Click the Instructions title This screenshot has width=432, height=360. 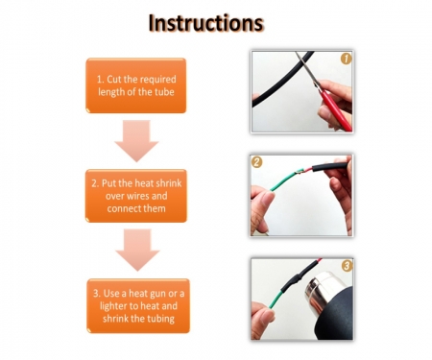point(206,23)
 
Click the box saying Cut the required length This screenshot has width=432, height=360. point(136,85)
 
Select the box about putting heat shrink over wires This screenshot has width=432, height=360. point(136,196)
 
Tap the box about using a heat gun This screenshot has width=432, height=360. point(138,306)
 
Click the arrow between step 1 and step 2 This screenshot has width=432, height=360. point(136,141)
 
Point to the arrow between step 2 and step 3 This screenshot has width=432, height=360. point(137,250)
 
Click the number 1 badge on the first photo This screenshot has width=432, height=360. point(346,59)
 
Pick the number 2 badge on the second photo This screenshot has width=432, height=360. point(256,162)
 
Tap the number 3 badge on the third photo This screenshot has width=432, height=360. point(347,266)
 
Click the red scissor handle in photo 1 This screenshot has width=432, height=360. point(336,110)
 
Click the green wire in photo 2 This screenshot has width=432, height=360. point(286,180)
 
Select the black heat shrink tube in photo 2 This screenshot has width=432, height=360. point(329,167)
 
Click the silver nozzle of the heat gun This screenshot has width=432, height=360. point(320,290)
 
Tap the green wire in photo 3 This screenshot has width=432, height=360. point(276,300)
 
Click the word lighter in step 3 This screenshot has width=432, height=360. point(114,306)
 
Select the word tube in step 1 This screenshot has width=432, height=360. point(164,92)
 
